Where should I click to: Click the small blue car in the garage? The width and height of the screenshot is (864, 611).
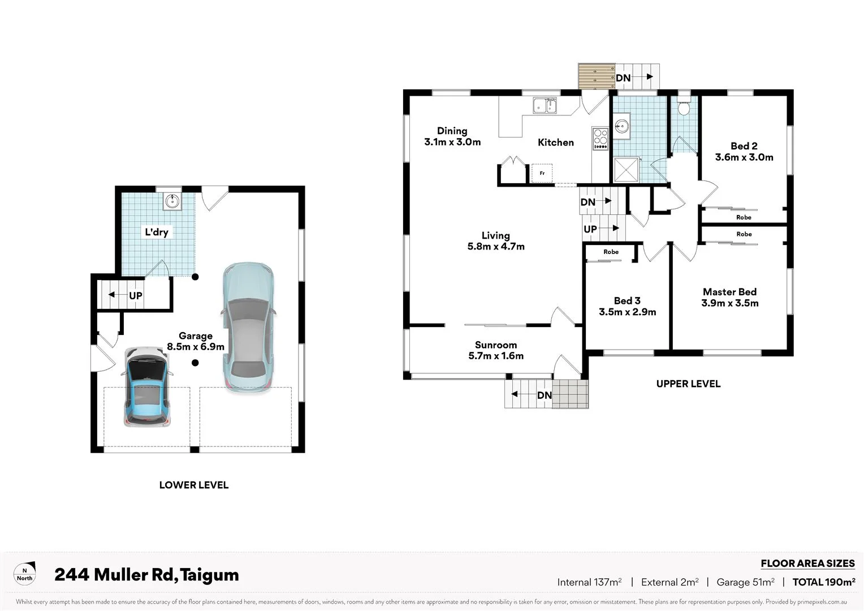(146, 387)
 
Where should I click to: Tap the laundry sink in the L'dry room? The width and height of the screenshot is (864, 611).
(172, 201)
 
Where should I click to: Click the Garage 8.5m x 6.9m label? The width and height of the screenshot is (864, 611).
(195, 341)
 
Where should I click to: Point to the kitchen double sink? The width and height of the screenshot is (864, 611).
(545, 105)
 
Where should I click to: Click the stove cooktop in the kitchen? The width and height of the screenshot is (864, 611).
(600, 139)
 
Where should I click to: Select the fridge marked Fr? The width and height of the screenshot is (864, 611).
(542, 173)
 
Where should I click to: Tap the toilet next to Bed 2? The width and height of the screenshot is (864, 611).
(684, 107)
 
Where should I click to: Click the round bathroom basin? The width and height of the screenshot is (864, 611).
(622, 126)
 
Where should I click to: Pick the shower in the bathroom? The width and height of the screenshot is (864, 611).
(626, 170)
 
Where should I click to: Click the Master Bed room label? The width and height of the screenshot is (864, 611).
(729, 297)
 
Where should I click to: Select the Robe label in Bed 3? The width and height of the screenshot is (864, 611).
(611, 252)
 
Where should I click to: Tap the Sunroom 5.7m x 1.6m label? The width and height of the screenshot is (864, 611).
(496, 350)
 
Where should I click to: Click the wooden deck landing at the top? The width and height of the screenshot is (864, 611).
(596, 76)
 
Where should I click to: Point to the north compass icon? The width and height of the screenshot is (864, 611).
(24, 574)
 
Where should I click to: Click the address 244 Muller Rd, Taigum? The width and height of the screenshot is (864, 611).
(146, 575)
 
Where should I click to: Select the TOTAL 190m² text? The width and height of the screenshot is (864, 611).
(823, 582)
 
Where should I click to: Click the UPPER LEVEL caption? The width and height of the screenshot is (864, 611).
(688, 384)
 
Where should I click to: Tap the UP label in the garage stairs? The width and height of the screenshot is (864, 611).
(136, 295)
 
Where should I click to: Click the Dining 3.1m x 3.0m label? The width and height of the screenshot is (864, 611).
(452, 136)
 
